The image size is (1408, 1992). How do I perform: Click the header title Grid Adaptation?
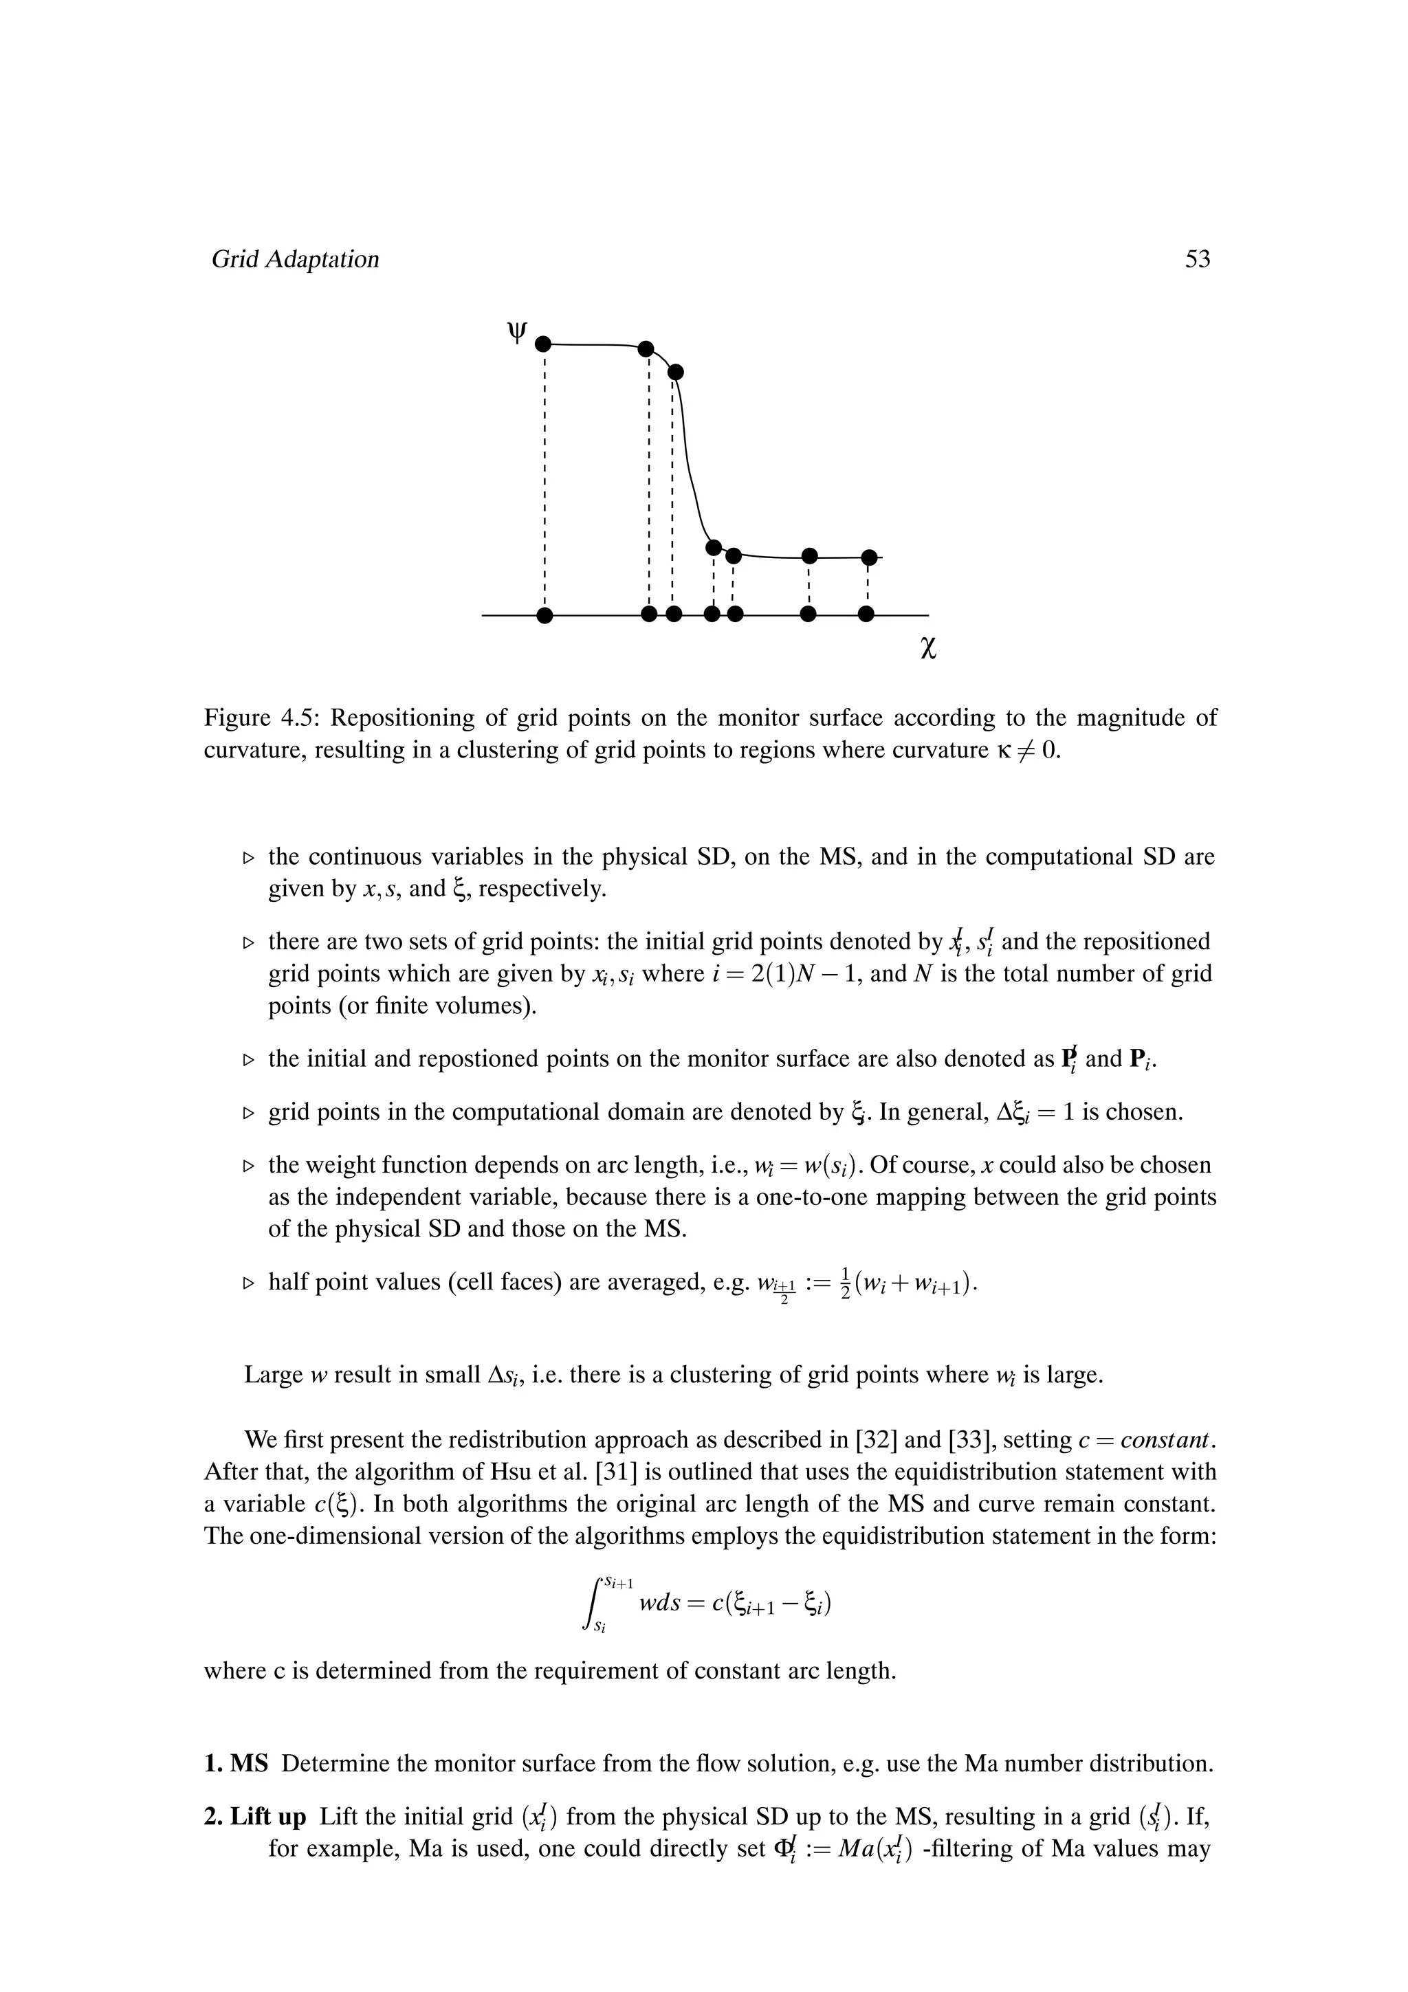coord(295,259)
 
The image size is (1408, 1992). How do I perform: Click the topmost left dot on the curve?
coord(543,344)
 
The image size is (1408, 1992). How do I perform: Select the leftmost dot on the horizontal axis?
coord(544,615)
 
